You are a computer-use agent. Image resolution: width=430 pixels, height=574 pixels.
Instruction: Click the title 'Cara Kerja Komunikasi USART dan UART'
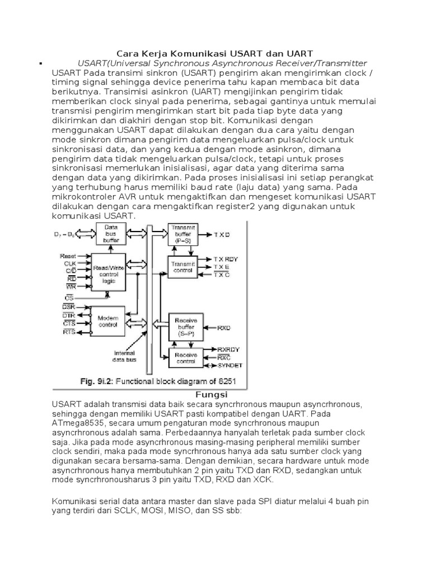[214, 53]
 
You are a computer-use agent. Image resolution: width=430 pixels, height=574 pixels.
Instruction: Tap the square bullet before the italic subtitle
[41, 63]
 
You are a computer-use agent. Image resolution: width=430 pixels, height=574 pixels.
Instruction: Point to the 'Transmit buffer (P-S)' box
[183, 233]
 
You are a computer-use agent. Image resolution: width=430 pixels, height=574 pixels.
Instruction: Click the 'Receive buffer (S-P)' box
[183, 325]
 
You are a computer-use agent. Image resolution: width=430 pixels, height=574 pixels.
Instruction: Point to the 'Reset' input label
[68, 255]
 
